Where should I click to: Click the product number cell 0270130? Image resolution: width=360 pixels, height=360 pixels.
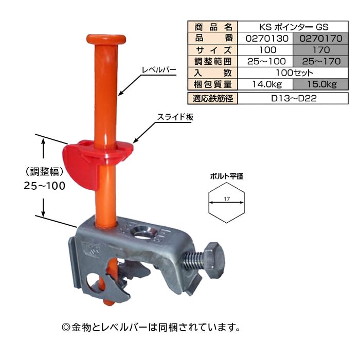[265, 39]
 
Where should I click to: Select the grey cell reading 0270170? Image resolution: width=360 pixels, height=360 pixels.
[321, 39]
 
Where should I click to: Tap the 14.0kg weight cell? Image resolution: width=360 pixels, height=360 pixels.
[265, 84]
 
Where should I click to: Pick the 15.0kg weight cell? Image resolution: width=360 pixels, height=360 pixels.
[321, 84]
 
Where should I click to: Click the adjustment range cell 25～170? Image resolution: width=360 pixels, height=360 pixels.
[321, 61]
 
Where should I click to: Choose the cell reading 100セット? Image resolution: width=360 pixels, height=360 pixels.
[293, 73]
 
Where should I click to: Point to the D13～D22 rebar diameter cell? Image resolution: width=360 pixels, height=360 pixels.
[293, 98]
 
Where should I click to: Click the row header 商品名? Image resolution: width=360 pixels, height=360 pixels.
[213, 27]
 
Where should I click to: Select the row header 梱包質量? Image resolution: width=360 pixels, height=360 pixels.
[213, 84]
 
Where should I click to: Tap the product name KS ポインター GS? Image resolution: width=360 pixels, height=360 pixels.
[293, 27]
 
